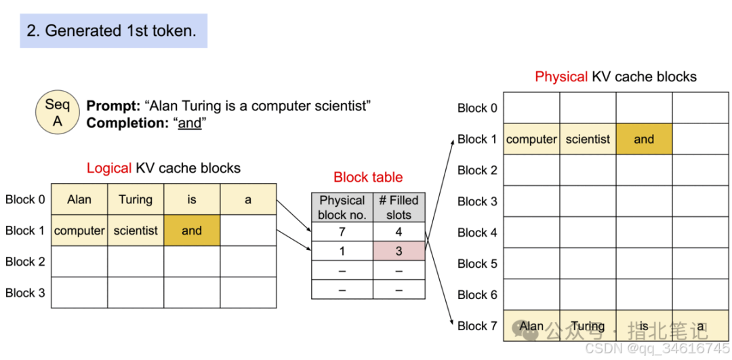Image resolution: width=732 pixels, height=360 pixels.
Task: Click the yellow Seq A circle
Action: tap(58, 113)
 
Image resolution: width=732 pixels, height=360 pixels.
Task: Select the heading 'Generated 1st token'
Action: tap(113, 31)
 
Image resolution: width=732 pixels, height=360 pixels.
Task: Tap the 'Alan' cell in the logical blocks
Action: tap(79, 200)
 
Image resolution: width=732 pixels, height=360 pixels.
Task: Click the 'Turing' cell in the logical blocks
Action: tap(136, 200)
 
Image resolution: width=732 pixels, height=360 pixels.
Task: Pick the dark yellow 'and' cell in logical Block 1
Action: tap(192, 231)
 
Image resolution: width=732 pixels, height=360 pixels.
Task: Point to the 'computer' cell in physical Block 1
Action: tap(532, 139)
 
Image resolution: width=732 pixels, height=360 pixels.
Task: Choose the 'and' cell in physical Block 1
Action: tap(645, 139)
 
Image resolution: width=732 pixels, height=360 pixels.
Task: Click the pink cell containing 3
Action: tap(399, 252)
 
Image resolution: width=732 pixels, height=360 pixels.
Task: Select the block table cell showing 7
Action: tap(342, 232)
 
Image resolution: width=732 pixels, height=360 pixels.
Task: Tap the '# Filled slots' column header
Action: tap(399, 207)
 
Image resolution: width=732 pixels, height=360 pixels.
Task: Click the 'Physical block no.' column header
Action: tap(342, 207)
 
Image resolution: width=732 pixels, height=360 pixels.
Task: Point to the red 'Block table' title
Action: tap(368, 177)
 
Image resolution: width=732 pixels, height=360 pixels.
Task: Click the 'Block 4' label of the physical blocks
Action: tap(478, 233)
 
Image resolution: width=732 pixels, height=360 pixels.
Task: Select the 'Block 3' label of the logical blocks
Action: tap(25, 293)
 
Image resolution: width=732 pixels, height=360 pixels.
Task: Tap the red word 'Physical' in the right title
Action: tap(561, 77)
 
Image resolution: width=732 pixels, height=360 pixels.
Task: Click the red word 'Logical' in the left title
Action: tap(109, 168)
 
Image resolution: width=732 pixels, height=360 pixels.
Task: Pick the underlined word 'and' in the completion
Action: tap(190, 123)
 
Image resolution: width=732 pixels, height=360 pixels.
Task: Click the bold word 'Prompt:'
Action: tap(113, 106)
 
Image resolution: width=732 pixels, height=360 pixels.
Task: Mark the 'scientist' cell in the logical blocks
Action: tap(136, 231)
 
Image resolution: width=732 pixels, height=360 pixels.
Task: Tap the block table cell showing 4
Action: tap(399, 232)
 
